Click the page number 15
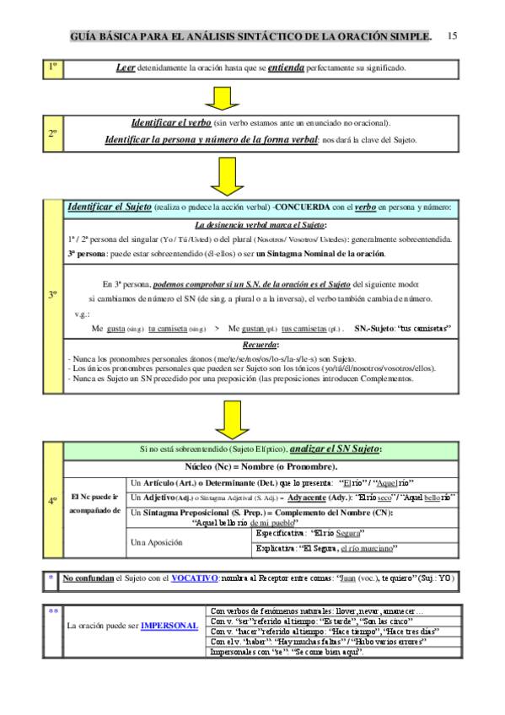(453, 36)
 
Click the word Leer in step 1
(126, 67)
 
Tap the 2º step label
(52, 133)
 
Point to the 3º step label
(52, 295)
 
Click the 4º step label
(52, 501)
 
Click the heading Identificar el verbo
(171, 122)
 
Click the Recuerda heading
(261, 346)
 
